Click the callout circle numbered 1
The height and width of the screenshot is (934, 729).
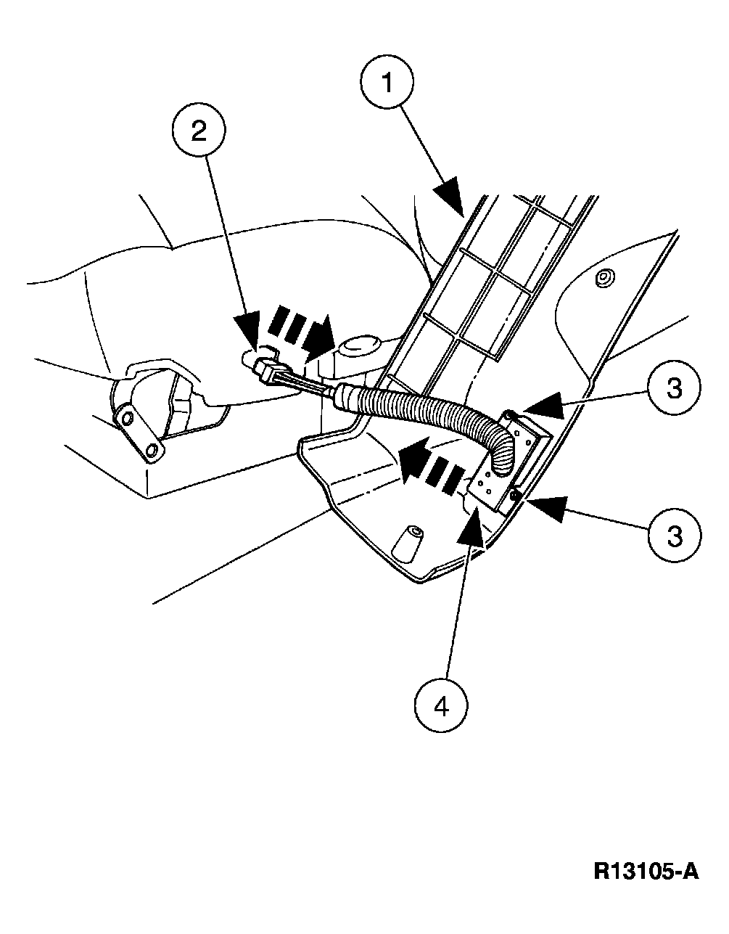click(x=387, y=83)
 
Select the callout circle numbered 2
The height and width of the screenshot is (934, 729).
click(x=198, y=131)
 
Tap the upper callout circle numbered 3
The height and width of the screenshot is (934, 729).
click(x=674, y=389)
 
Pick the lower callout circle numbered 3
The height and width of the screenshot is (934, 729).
click(x=675, y=536)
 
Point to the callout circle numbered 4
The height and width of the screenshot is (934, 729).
click(x=442, y=704)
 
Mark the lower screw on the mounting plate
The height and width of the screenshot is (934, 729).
click(x=514, y=495)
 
